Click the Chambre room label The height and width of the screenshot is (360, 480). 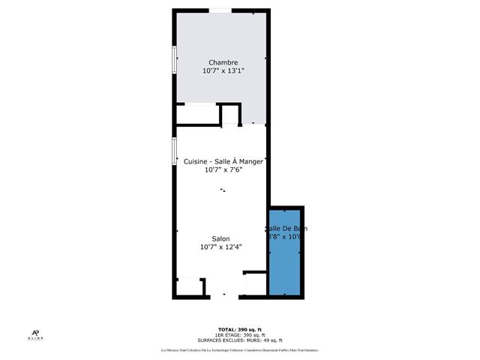223,62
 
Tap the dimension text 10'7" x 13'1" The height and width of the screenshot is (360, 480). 223,71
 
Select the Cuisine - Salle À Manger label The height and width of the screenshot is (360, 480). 223,161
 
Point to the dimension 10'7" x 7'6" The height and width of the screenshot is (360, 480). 223,170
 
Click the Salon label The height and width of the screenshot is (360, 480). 220,238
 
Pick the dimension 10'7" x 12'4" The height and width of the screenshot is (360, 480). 220,247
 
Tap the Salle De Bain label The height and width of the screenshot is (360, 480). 286,228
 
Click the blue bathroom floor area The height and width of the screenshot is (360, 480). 286,266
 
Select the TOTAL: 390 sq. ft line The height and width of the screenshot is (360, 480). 239,330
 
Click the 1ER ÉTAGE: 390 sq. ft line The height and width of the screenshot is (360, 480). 239,335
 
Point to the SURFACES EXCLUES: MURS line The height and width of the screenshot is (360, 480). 239,340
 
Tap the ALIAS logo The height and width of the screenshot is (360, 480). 36,336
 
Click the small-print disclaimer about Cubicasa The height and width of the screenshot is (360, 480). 239,350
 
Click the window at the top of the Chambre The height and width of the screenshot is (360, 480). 219,10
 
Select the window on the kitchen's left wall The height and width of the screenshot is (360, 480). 174,151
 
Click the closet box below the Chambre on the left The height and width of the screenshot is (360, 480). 197,115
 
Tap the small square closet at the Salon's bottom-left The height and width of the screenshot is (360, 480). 189,288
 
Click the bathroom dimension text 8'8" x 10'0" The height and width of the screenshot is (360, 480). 286,237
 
